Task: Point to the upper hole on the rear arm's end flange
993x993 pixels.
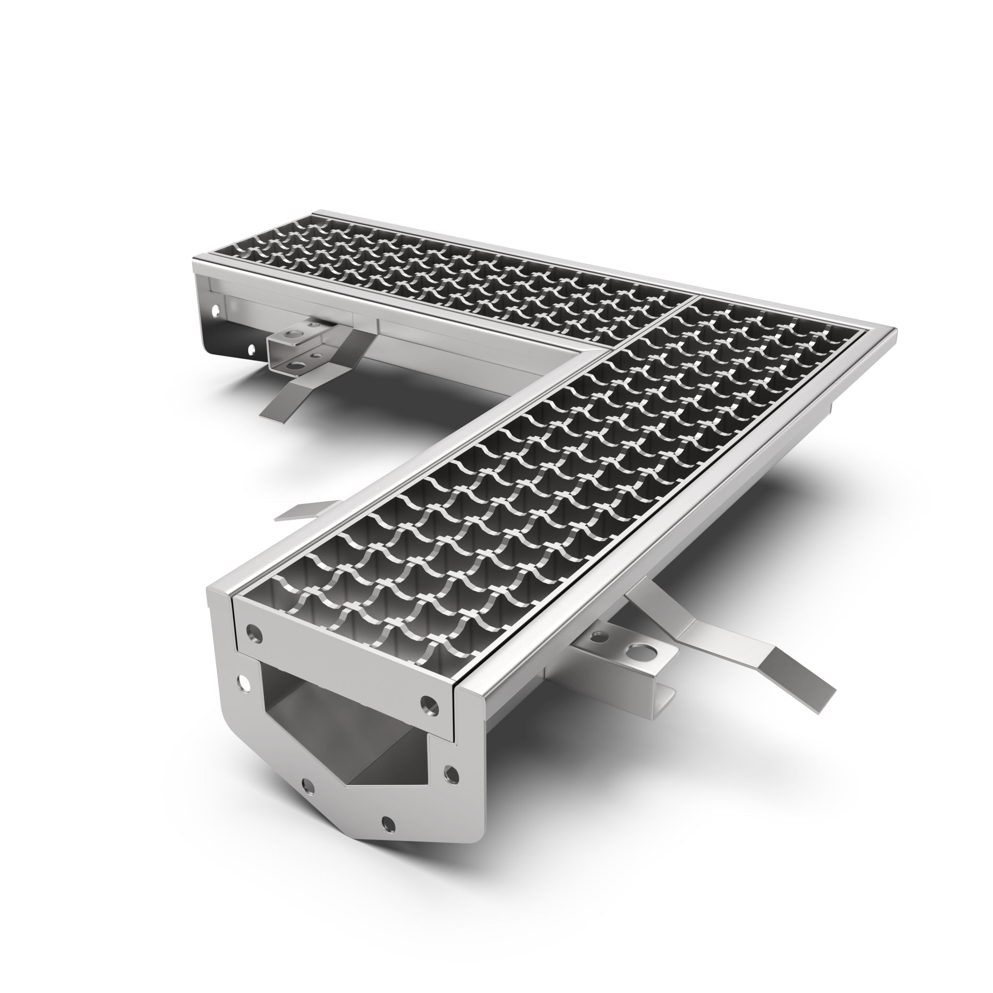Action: (x=215, y=310)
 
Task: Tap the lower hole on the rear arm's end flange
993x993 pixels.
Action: (x=251, y=351)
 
